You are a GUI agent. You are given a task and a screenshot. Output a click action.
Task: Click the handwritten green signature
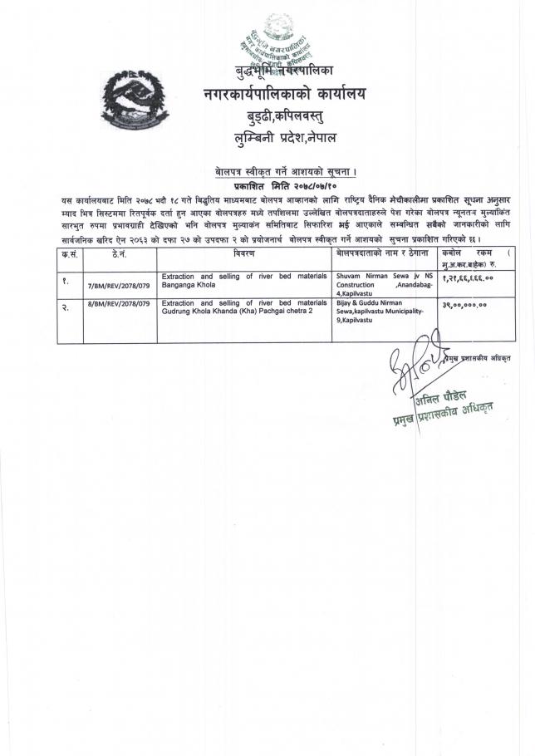pyautogui.click(x=415, y=366)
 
